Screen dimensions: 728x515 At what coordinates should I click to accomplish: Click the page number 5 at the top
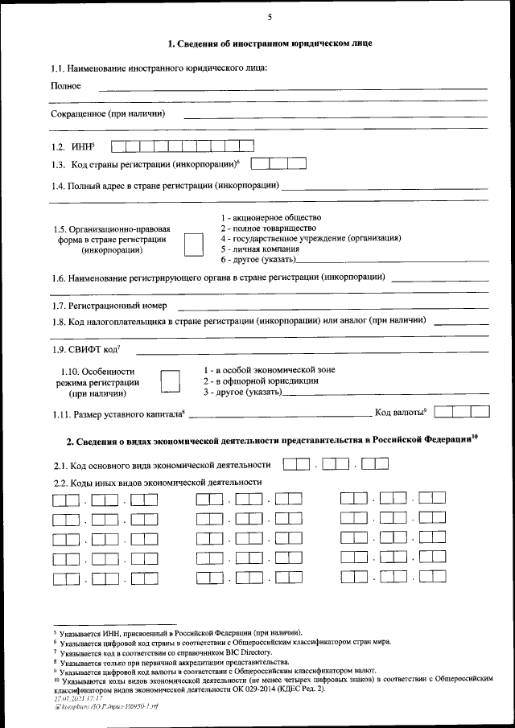click(x=270, y=18)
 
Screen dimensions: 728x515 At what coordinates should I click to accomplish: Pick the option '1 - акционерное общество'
click(x=270, y=218)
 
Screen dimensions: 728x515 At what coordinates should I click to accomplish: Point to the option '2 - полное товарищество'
click(x=266, y=228)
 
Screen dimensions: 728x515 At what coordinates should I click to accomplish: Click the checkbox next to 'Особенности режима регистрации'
click(x=170, y=380)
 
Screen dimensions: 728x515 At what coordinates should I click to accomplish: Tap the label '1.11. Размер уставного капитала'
click(x=118, y=413)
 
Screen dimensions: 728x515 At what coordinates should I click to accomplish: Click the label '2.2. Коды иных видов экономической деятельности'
click(x=157, y=482)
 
